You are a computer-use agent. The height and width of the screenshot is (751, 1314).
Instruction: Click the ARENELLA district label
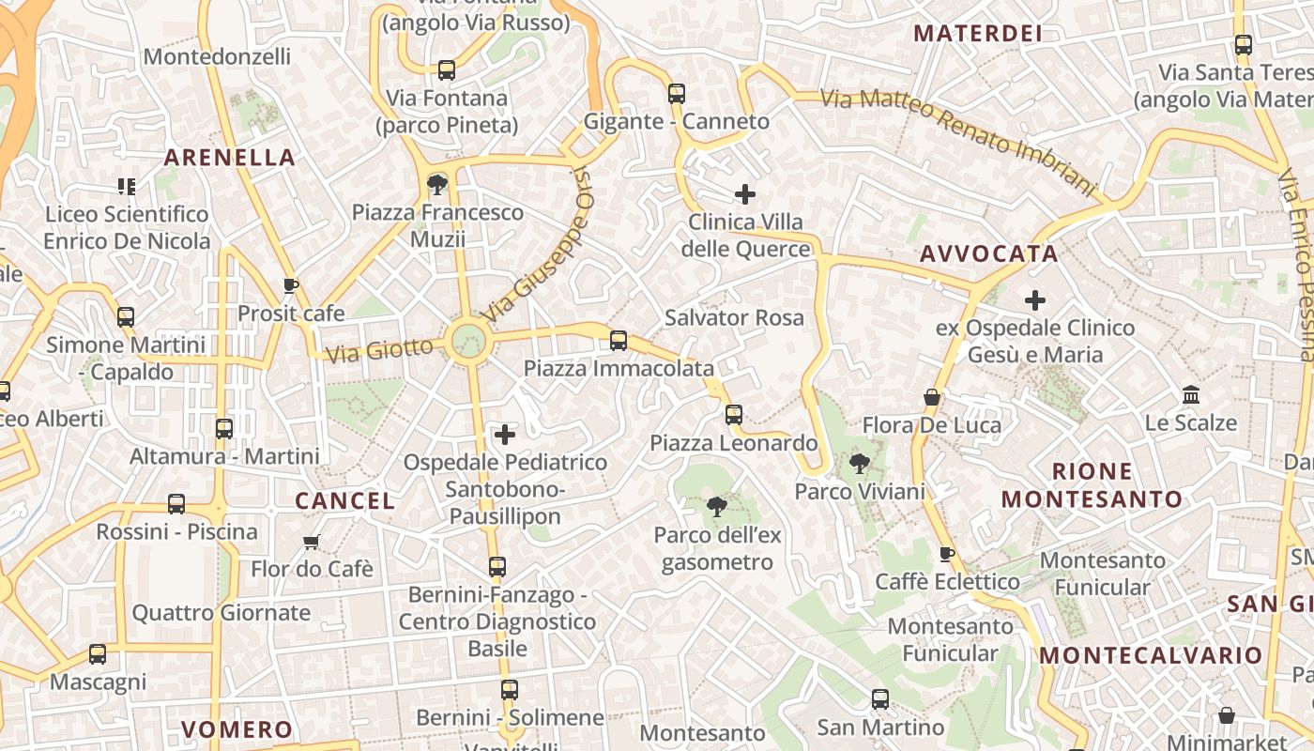tap(230, 157)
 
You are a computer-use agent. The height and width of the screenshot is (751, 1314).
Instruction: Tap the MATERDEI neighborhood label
tap(978, 34)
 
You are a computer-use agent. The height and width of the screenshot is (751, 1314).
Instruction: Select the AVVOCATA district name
tap(989, 253)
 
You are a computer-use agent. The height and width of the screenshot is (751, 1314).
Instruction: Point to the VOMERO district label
tap(237, 729)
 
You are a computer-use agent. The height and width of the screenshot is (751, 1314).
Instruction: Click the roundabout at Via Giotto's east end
tap(468, 341)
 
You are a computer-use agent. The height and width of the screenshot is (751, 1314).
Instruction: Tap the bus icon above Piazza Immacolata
tap(619, 340)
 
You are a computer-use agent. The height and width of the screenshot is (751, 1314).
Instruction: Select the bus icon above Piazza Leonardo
tap(734, 414)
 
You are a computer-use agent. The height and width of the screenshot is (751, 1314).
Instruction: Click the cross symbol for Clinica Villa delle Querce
tap(745, 194)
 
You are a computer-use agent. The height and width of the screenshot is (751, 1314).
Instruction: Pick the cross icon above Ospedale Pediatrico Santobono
tap(505, 434)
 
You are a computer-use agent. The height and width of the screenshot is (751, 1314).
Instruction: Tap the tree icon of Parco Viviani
tap(859, 462)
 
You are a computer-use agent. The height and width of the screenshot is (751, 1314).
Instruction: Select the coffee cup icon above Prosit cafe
tap(291, 285)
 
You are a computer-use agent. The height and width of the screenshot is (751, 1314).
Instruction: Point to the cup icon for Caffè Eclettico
tap(947, 554)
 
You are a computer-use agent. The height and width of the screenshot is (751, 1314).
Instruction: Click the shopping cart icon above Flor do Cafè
tap(312, 542)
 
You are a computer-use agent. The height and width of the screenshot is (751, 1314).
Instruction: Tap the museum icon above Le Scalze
tap(1191, 394)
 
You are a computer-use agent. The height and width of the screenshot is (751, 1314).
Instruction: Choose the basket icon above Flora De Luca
tap(932, 397)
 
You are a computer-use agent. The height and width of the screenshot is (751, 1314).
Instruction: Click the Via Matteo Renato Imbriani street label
tap(957, 141)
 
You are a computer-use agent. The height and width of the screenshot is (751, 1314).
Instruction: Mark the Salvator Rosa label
tap(734, 317)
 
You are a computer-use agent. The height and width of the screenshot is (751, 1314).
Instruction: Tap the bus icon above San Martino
tap(880, 698)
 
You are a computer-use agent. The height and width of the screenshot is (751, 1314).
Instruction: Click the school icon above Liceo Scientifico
tap(127, 186)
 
